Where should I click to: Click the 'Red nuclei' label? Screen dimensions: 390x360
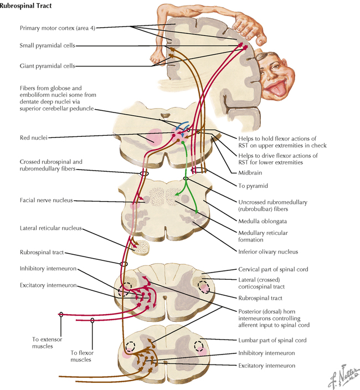[x=34, y=136]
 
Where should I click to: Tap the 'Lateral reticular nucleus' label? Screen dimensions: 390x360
[x=50, y=228]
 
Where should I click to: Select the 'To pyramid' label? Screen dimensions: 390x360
[x=249, y=187]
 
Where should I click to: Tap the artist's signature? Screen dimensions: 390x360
[x=340, y=375]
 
